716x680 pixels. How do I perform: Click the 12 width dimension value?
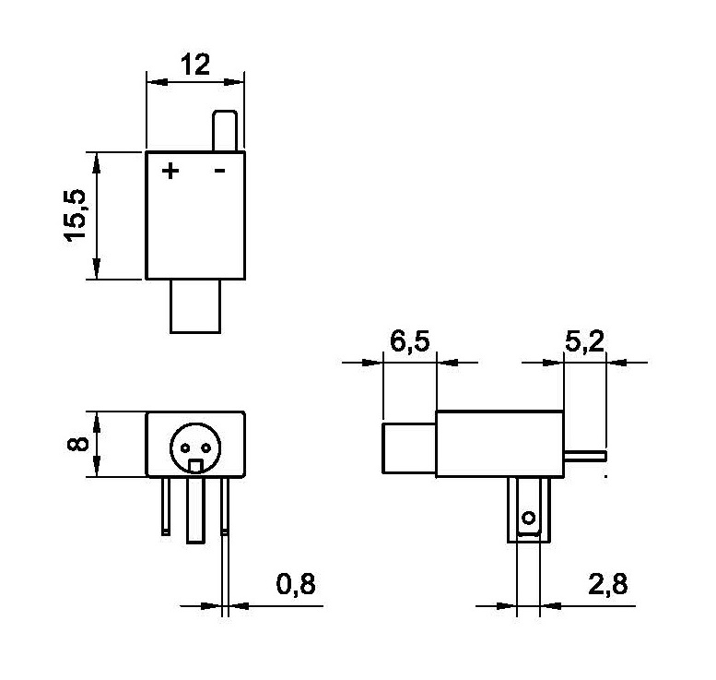tap(196, 65)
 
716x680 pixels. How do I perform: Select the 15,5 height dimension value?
tap(75, 215)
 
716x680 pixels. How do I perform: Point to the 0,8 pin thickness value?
tap(296, 584)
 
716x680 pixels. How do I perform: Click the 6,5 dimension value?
tap(409, 341)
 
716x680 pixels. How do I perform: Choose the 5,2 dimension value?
tap(584, 341)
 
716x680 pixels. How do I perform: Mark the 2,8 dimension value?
tap(608, 584)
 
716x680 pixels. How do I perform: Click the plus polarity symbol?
tap(170, 171)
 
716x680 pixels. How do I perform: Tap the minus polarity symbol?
tap(219, 171)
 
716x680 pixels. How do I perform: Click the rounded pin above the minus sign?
tap(225, 131)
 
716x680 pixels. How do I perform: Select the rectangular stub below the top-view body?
tap(195, 306)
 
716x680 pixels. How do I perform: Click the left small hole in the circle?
tap(185, 447)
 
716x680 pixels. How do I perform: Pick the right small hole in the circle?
tap(205, 447)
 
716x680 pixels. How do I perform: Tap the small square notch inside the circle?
tap(196, 466)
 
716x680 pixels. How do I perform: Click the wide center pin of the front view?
tap(196, 510)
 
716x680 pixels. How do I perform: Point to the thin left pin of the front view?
tap(166, 506)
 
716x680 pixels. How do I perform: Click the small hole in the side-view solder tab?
tap(529, 519)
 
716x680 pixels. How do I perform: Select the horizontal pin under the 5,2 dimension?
tap(585, 456)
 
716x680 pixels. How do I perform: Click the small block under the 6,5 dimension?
tap(409, 448)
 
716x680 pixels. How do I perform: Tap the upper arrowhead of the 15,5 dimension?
tap(97, 163)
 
